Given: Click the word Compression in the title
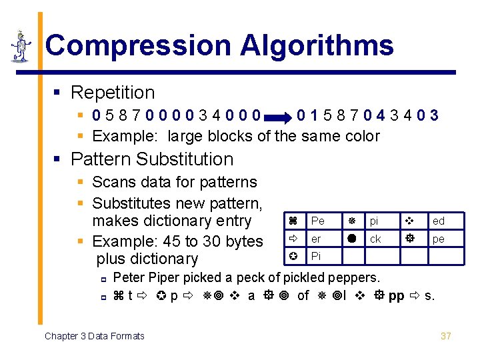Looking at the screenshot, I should (x=137, y=46).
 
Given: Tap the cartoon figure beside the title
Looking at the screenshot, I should (x=21, y=47).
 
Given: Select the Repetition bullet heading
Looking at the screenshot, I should (x=112, y=93).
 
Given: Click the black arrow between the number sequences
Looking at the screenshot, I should (x=280, y=118).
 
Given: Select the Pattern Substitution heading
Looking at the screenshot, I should (x=152, y=159).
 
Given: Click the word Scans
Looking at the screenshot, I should (x=111, y=182).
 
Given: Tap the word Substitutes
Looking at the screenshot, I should (x=131, y=202).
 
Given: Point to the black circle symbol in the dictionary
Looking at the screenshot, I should (x=351, y=239).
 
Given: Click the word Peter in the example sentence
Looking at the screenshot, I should (x=129, y=277).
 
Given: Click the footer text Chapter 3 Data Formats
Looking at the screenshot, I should (x=94, y=336).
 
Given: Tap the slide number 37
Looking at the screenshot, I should (x=446, y=336).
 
